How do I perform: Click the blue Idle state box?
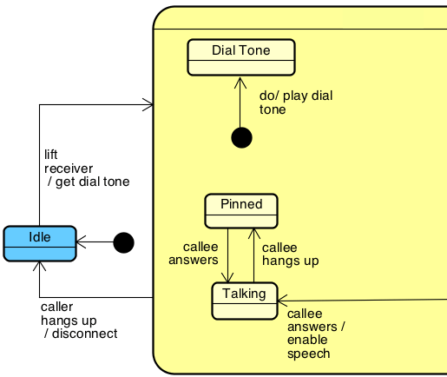(40, 243)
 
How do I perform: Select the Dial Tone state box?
(241, 57)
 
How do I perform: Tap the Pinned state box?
(241, 211)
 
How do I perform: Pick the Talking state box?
(245, 301)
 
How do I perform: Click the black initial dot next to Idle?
(124, 242)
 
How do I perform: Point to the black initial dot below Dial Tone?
(241, 137)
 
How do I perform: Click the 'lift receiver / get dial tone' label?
(87, 169)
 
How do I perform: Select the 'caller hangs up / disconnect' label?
(79, 321)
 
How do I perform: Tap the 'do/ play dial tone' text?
(296, 103)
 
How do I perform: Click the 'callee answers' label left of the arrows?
(194, 254)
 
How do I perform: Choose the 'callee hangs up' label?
(291, 255)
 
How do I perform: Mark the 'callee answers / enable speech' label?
(316, 334)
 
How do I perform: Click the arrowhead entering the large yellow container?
(148, 104)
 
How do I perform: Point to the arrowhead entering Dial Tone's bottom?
(240, 83)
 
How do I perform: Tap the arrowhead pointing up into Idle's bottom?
(39, 266)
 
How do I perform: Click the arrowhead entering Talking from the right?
(283, 301)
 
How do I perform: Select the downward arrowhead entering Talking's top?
(227, 277)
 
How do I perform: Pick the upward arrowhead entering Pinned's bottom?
(254, 234)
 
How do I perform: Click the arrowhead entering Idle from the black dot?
(82, 241)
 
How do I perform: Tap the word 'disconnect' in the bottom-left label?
(85, 334)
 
